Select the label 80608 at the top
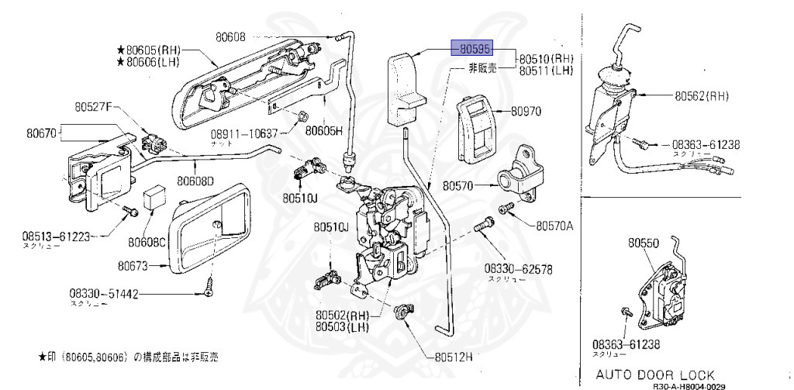[x=227, y=36]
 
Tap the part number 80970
[x=526, y=112]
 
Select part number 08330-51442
[x=103, y=295]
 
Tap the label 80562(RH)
[x=702, y=97]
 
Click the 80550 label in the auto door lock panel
[x=644, y=243]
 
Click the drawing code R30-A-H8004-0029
[x=689, y=385]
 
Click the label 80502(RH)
[x=341, y=316]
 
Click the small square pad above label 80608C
[x=155, y=197]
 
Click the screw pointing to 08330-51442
[x=209, y=286]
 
